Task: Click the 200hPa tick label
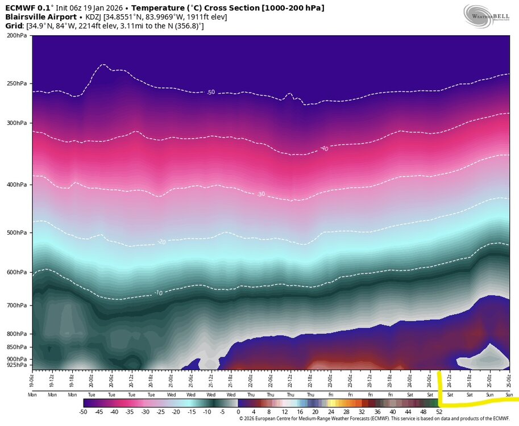point(16,35)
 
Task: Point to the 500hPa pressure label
point(16,233)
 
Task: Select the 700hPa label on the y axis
point(16,306)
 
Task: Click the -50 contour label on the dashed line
point(211,92)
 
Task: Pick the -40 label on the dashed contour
point(324,149)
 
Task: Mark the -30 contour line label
point(261,194)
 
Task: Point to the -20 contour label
point(161,243)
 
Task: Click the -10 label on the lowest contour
point(159,293)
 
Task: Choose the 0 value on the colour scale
point(238,411)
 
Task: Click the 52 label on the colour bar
point(439,411)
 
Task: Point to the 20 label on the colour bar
point(315,411)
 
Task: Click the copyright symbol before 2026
point(242,419)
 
